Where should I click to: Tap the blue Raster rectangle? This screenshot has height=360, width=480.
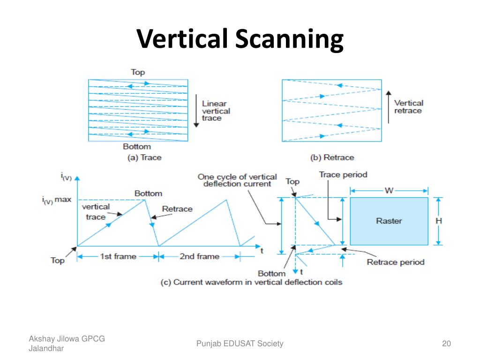[389, 221]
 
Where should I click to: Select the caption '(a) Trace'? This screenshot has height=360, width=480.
[144, 157]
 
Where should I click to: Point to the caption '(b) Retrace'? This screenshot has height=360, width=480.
[332, 157]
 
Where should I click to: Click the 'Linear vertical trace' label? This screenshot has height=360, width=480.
[216, 111]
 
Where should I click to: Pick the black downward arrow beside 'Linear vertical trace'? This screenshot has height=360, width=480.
[196, 111]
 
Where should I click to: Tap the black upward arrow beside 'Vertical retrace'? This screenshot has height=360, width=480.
[389, 107]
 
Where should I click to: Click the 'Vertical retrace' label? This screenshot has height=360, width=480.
[409, 106]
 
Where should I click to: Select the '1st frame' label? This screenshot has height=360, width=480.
[118, 256]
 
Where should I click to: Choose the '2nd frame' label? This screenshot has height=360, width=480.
[199, 256]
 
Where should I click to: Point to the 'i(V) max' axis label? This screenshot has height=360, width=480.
[57, 200]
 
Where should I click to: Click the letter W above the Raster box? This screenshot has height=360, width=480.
[389, 191]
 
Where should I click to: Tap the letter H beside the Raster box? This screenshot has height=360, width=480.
[439, 221]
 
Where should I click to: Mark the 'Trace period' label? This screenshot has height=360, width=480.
[343, 175]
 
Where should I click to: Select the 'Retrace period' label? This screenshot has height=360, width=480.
[396, 262]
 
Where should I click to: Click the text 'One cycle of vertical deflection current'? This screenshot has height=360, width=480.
[237, 180]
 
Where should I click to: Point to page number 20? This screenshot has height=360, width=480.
[446, 344]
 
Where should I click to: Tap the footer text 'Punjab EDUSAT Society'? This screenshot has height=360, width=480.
[240, 344]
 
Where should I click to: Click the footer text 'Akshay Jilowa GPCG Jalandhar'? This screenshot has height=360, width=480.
[67, 344]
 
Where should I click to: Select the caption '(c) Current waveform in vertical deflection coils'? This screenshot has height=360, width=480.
[251, 282]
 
